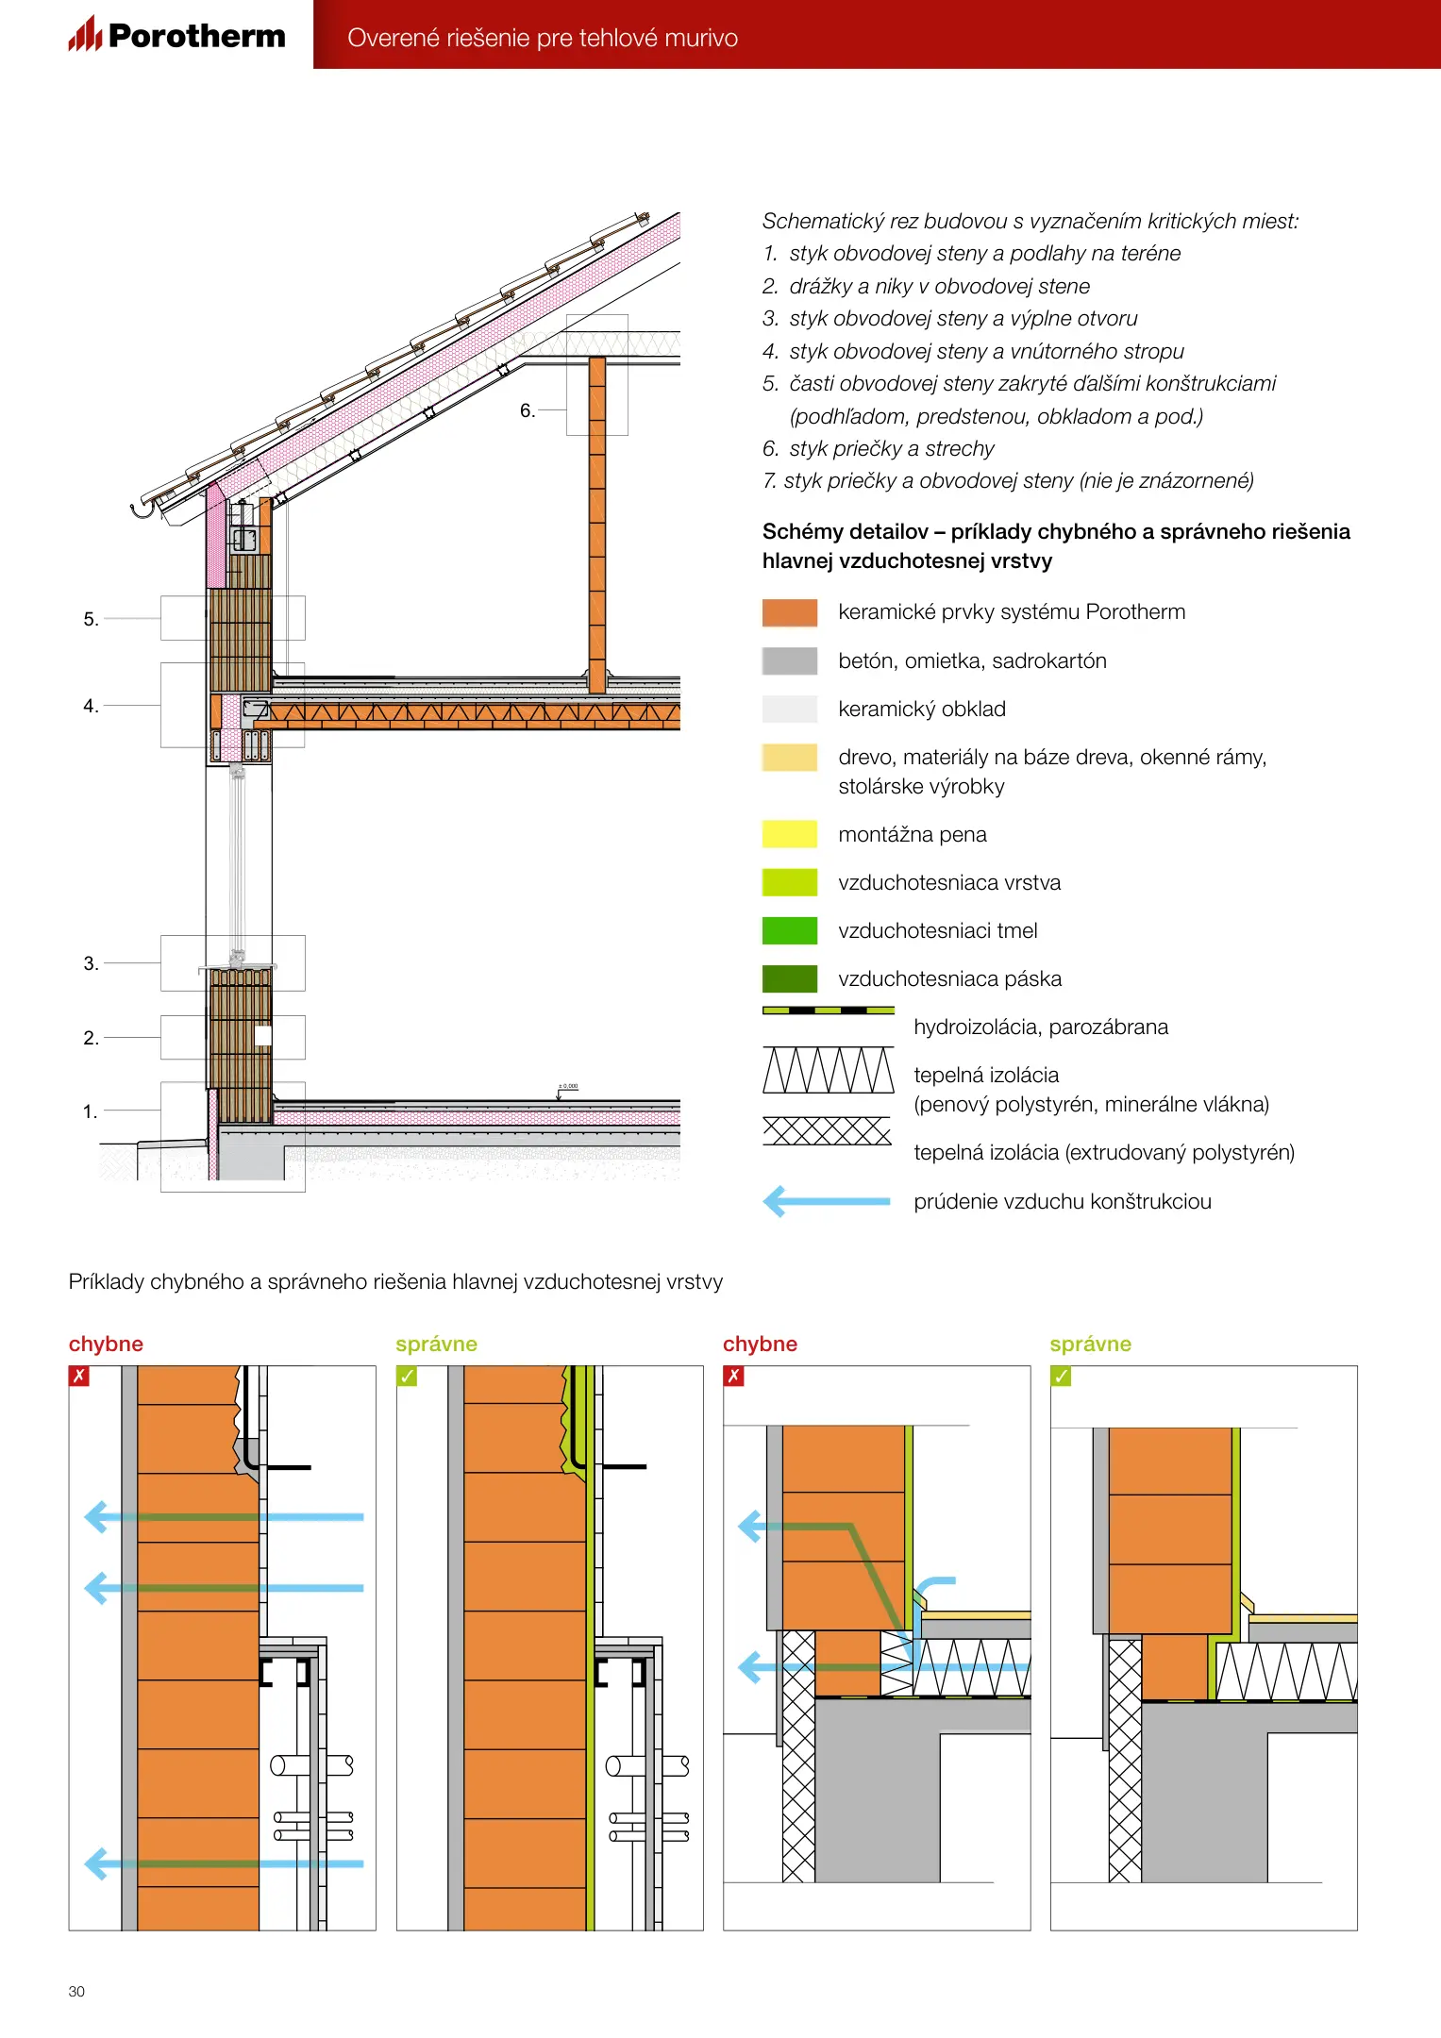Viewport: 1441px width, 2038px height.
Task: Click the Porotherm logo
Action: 177,35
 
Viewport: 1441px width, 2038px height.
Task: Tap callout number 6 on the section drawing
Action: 528,410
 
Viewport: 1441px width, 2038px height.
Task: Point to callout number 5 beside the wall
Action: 91,619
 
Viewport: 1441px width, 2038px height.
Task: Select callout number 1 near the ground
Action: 91,1111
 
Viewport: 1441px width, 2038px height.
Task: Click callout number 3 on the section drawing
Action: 91,963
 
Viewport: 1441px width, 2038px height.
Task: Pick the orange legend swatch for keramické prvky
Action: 789,613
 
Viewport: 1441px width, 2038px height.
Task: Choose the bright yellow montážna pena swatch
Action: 789,834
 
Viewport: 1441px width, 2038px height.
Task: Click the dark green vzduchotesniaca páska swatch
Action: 789,978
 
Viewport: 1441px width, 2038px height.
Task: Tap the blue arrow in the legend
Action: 827,1201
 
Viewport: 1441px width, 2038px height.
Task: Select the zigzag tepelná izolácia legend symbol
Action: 828,1070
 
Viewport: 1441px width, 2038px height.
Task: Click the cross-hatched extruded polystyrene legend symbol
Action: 827,1130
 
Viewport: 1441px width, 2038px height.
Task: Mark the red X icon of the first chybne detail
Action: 79,1376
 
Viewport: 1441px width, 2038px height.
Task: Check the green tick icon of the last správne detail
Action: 1061,1376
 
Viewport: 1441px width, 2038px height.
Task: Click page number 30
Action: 76,1992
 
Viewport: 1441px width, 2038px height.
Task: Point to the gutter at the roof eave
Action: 142,509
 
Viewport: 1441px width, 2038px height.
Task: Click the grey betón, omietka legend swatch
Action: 789,660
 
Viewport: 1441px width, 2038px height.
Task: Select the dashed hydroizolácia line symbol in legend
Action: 828,1011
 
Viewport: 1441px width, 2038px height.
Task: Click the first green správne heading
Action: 436,1344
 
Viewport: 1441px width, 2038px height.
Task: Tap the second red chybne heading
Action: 760,1344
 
